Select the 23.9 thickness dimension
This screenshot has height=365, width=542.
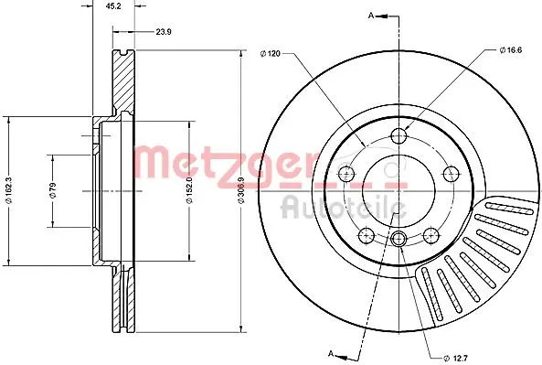click(164, 32)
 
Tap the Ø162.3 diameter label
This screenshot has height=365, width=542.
click(9, 190)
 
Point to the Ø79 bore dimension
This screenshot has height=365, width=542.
click(53, 190)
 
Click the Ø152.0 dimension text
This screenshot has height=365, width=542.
click(189, 190)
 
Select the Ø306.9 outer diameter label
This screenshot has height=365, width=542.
click(241, 190)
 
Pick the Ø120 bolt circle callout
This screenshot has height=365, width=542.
click(270, 54)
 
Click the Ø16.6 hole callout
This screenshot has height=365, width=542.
click(511, 50)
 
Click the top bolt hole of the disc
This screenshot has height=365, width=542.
click(399, 135)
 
